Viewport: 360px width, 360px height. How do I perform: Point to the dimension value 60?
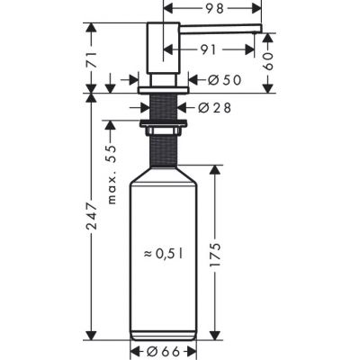coord(267,61)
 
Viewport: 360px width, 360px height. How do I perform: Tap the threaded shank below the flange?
coord(163,103)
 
